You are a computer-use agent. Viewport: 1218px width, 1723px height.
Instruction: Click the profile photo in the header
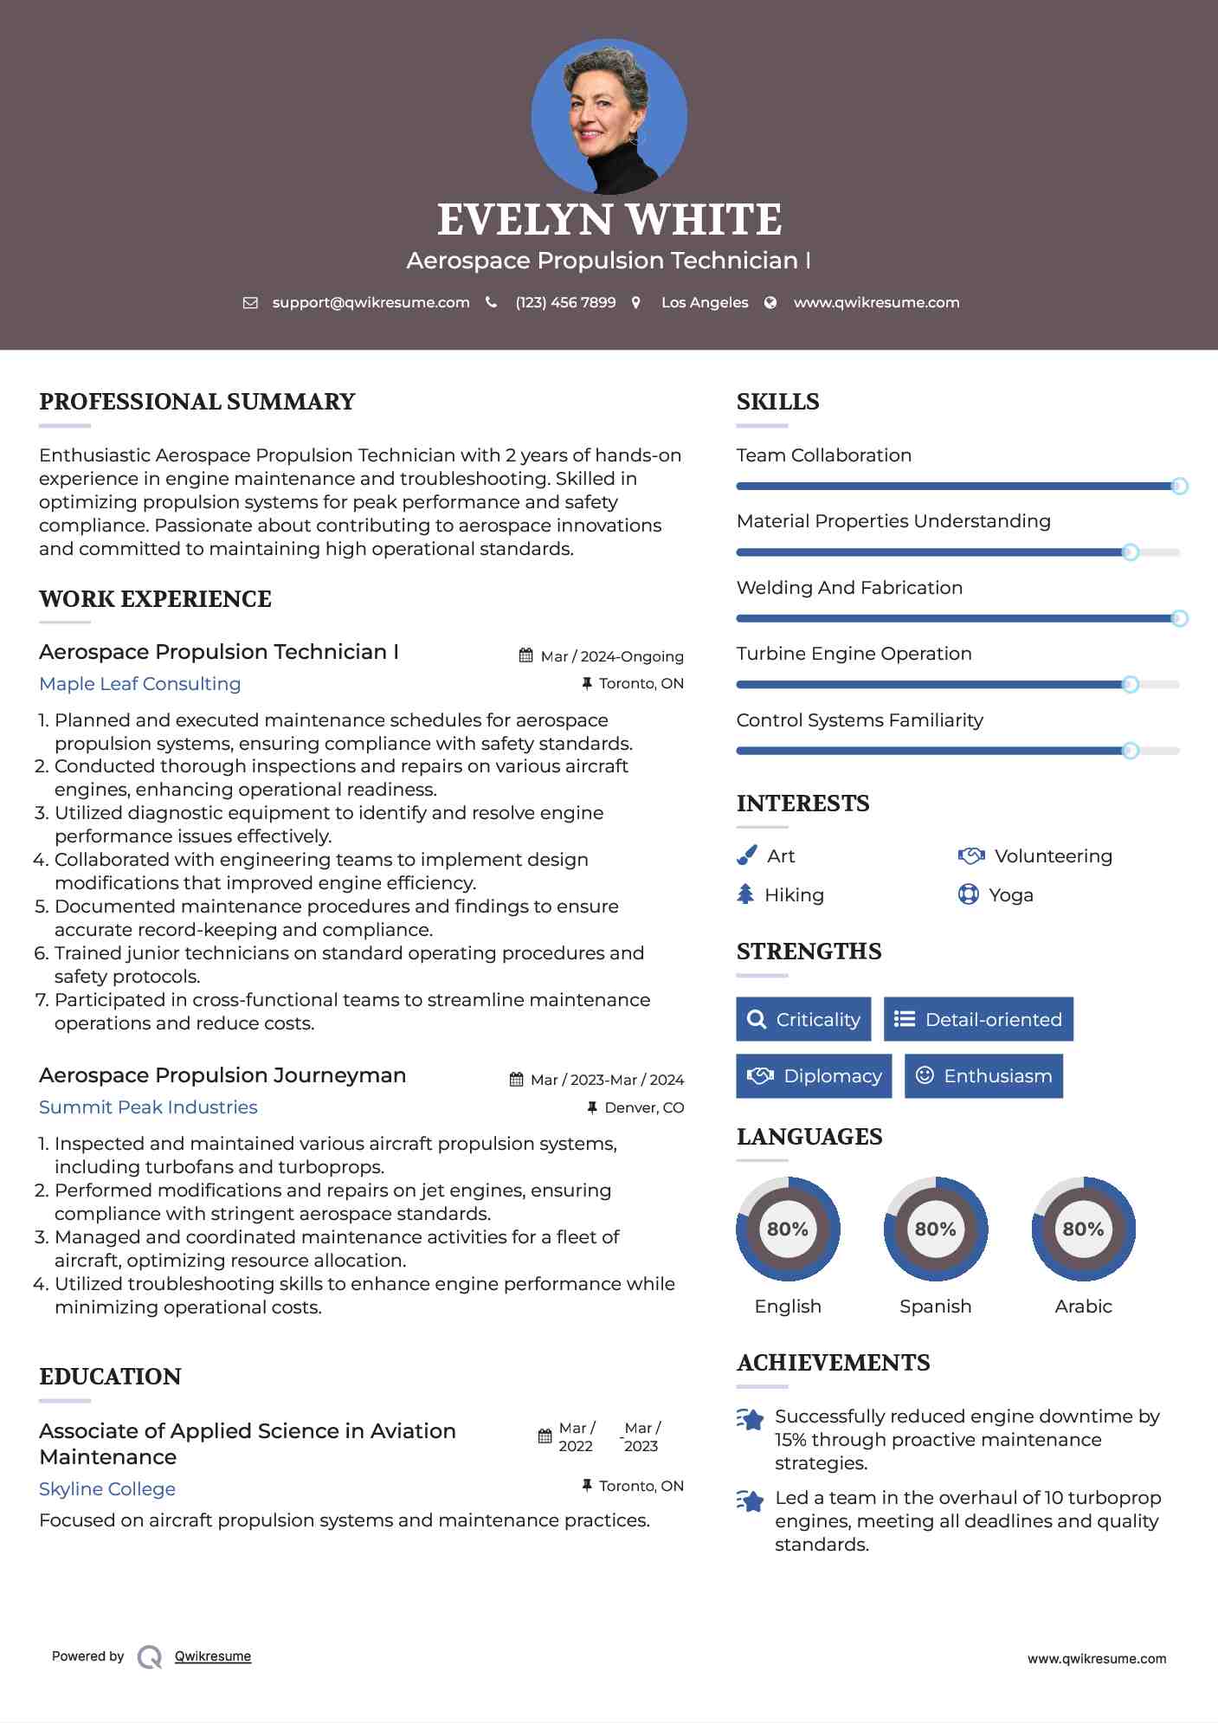pyautogui.click(x=609, y=116)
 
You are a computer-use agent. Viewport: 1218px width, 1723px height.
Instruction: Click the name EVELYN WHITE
pyautogui.click(x=609, y=220)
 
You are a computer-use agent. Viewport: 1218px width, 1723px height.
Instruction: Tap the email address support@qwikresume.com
pyautogui.click(x=371, y=303)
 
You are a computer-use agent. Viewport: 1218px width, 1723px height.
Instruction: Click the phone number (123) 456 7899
pyautogui.click(x=565, y=303)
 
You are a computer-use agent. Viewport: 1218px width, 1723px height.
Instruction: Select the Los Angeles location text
pyautogui.click(x=705, y=303)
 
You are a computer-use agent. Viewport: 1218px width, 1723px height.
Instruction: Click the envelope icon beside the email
pyautogui.click(x=250, y=303)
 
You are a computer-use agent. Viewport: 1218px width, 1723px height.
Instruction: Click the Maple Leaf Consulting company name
pyautogui.click(x=140, y=684)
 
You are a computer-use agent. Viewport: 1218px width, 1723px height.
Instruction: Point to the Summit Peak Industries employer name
pyautogui.click(x=148, y=1107)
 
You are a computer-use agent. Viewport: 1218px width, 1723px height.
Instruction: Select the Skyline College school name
pyautogui.click(x=107, y=1489)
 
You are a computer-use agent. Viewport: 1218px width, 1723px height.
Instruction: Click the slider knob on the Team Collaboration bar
pyautogui.click(x=1179, y=487)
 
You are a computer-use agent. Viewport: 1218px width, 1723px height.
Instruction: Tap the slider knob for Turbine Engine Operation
pyautogui.click(x=1130, y=685)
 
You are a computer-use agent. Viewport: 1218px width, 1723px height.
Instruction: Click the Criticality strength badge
pyautogui.click(x=803, y=1019)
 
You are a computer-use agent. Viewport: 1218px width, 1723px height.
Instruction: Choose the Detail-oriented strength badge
pyautogui.click(x=978, y=1019)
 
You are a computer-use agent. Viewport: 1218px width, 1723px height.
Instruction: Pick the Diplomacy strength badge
pyautogui.click(x=814, y=1076)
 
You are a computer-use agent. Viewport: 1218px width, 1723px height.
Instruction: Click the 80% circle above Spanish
pyautogui.click(x=935, y=1229)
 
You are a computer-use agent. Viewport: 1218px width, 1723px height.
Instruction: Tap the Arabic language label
pyautogui.click(x=1083, y=1307)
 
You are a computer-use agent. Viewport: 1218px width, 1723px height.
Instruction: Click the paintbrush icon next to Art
pyautogui.click(x=746, y=856)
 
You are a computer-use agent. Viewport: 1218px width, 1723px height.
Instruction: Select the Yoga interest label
pyautogui.click(x=1011, y=895)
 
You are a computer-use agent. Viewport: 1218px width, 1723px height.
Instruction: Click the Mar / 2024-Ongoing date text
pyautogui.click(x=611, y=656)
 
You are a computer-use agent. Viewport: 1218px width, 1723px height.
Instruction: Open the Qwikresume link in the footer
pyautogui.click(x=213, y=1656)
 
